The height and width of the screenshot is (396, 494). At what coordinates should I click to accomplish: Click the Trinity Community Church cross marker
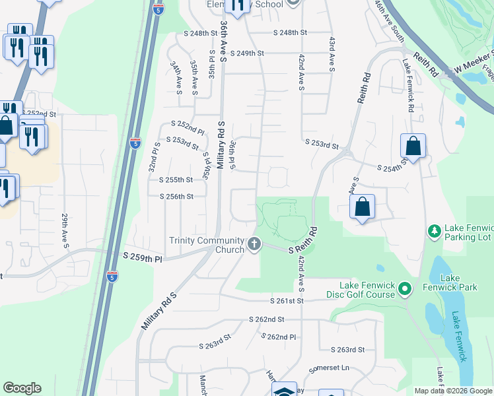pos(254,245)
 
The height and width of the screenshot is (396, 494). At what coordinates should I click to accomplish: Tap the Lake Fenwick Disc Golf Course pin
pos(405,288)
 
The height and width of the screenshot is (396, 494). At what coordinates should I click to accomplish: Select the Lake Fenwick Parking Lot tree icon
pos(435,231)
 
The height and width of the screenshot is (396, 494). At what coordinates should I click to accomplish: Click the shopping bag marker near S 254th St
pos(413,146)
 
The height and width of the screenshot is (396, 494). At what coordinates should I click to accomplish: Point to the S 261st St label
pos(286,301)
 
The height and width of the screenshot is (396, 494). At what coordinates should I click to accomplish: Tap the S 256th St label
pos(176,196)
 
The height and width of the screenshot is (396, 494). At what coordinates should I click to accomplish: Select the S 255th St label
pos(176,180)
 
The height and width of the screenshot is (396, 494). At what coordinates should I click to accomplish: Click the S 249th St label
pos(247,53)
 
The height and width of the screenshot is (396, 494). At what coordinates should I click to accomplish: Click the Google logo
pos(22,388)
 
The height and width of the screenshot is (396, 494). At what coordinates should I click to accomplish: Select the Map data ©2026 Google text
pos(452,391)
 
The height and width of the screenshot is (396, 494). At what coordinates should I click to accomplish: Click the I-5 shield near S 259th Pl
pos(112,276)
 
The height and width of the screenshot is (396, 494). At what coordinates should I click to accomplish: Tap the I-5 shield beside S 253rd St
pos(135,143)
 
